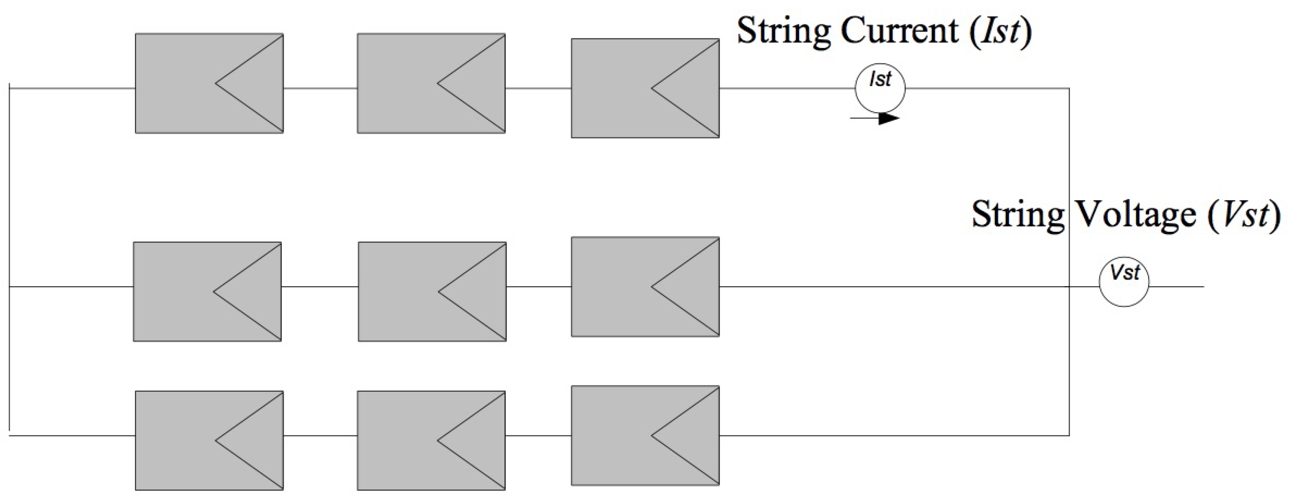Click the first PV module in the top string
(x=209, y=83)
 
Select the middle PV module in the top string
(x=431, y=83)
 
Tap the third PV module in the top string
(x=645, y=88)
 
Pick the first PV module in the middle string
(x=207, y=291)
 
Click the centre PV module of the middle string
(x=432, y=291)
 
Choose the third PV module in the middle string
(x=645, y=287)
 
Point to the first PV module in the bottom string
(x=209, y=440)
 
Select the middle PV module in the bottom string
(x=431, y=440)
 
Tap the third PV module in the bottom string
(x=645, y=435)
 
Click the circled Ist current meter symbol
(x=880, y=88)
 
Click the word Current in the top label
(x=899, y=31)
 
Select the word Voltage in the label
(x=1135, y=214)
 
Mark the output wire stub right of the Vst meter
(x=1176, y=287)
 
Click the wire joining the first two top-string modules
(x=320, y=88)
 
